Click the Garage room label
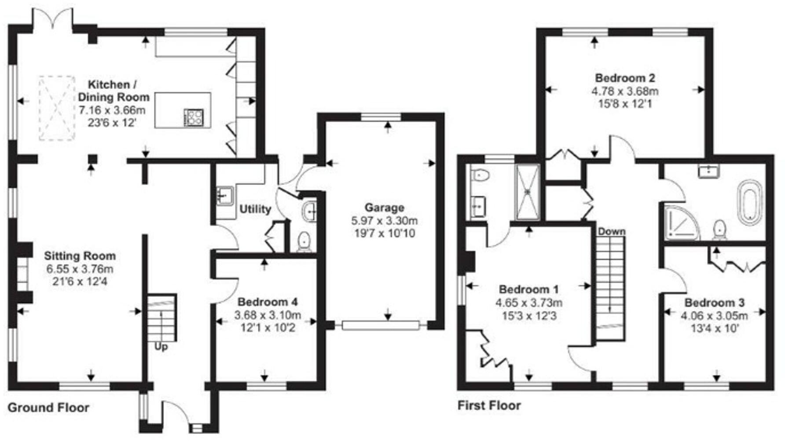(384, 208)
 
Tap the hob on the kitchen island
(194, 117)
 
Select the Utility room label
(255, 209)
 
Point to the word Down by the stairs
(611, 231)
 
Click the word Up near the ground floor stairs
(161, 347)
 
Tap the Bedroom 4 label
(268, 302)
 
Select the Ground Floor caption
(48, 408)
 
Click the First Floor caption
(489, 405)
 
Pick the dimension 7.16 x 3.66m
(112, 110)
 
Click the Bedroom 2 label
(625, 78)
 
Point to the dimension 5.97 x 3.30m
(384, 220)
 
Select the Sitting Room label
(80, 256)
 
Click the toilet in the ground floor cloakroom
(304, 241)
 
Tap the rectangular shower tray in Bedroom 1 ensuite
(527, 192)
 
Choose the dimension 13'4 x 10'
(714, 328)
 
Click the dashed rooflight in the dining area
(57, 108)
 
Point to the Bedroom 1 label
(528, 289)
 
